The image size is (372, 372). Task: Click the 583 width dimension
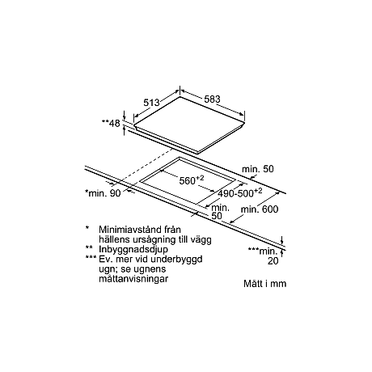(212, 99)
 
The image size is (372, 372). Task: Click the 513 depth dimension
(151, 103)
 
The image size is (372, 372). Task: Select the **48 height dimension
(111, 123)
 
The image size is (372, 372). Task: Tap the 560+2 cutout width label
(192, 180)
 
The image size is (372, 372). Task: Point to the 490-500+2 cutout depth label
(240, 192)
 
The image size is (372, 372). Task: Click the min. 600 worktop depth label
(260, 209)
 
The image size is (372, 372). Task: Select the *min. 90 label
(103, 193)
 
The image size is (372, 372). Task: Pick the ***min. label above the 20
(263, 252)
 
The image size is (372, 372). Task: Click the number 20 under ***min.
(273, 260)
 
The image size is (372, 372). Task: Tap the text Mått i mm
(264, 284)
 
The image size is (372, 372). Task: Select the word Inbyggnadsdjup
(133, 249)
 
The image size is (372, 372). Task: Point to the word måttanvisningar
(133, 278)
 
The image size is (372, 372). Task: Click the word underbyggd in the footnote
(176, 259)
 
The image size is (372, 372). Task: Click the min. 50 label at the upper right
(258, 169)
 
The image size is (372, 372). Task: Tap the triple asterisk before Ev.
(91, 257)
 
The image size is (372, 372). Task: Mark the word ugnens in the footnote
(151, 269)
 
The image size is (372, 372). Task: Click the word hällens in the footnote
(114, 239)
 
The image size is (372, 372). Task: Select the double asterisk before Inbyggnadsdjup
(89, 247)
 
